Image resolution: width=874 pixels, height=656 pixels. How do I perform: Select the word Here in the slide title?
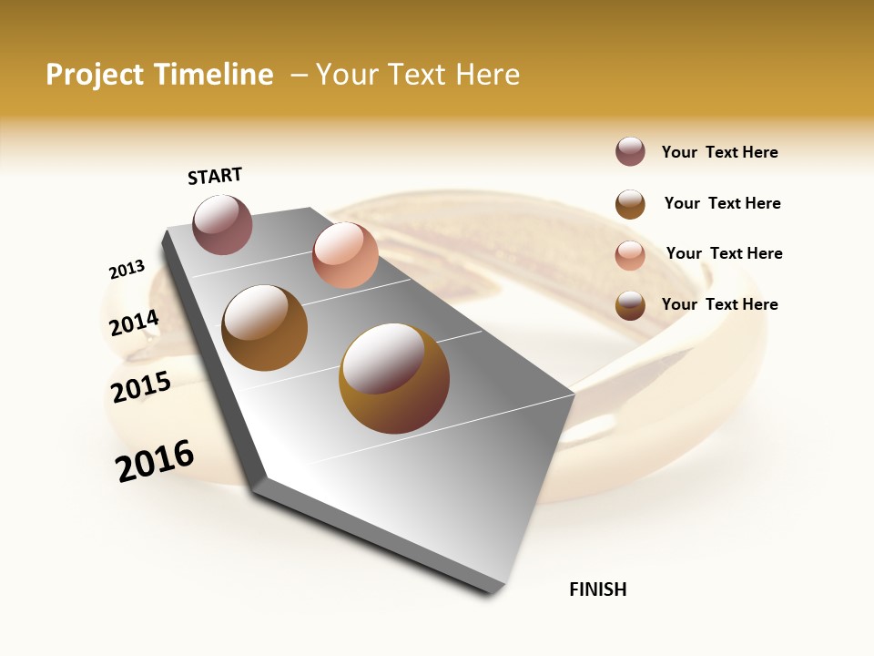point(487,75)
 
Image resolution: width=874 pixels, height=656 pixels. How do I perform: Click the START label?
point(215,176)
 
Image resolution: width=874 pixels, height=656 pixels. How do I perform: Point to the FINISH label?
point(597,589)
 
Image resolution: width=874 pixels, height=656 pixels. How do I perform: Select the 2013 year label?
point(127,270)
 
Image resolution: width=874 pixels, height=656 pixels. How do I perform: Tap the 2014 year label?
point(134,323)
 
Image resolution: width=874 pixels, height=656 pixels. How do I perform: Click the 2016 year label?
point(155,461)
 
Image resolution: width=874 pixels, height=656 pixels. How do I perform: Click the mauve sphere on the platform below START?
point(222,224)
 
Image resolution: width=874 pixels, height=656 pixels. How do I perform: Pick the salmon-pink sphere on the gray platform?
point(345,255)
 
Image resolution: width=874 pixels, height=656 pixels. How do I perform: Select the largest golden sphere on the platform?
point(394,378)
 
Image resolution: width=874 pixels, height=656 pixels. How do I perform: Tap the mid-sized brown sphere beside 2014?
point(264,328)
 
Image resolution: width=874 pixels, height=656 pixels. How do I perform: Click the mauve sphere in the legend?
point(630,152)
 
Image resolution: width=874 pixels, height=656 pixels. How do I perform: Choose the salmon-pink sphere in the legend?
point(630,254)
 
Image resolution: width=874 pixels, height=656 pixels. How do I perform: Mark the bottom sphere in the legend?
point(630,305)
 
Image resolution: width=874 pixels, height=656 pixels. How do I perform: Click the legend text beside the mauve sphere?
point(719,152)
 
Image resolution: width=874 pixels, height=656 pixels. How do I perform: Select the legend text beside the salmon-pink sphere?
point(724,253)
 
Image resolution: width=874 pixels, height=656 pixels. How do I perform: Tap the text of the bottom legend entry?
point(719,304)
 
